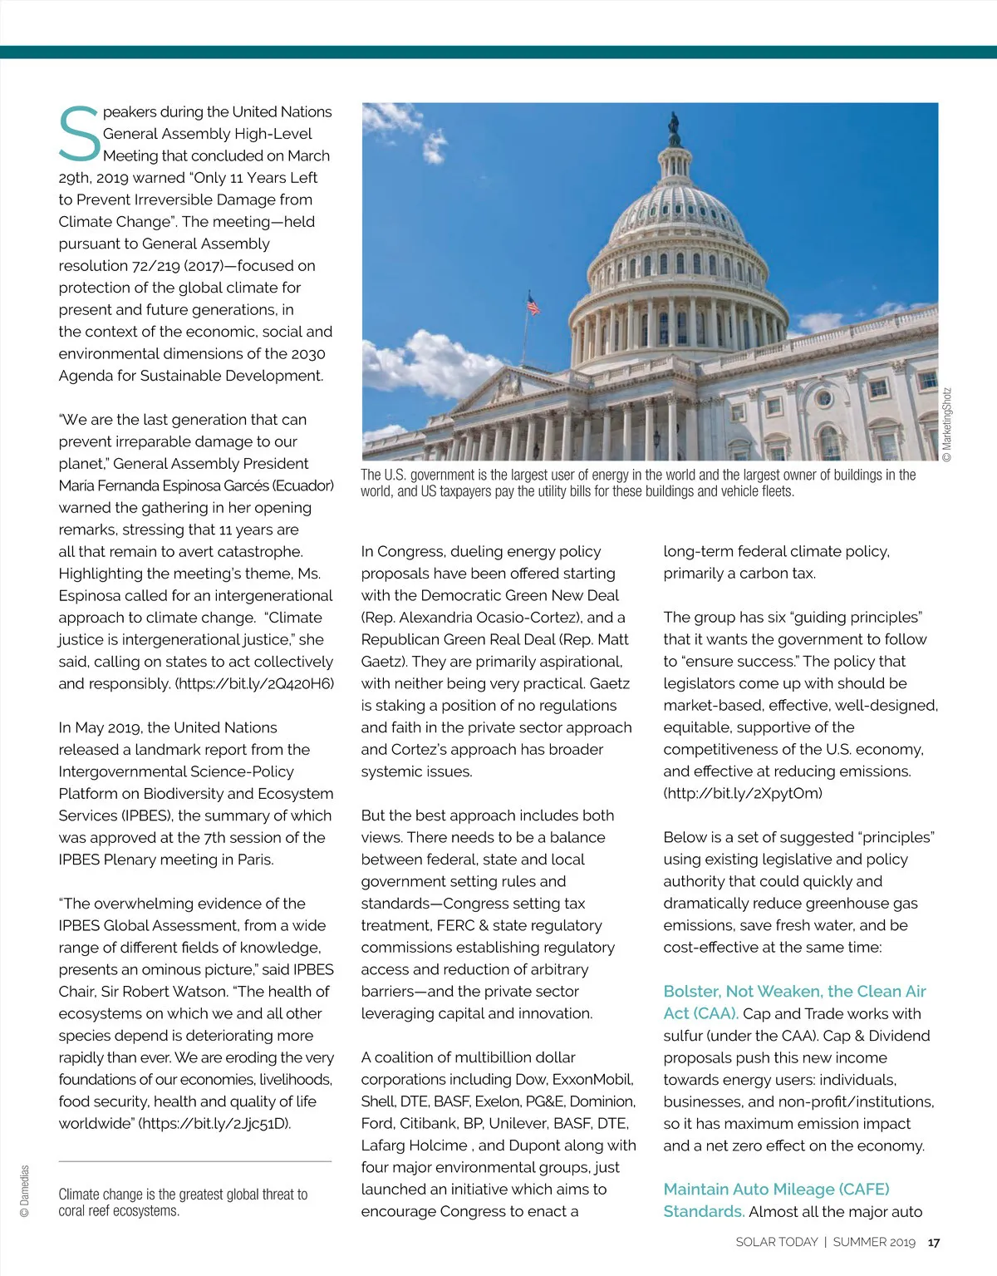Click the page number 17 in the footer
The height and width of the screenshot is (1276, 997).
coord(934,1242)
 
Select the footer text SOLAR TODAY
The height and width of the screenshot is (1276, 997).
coord(777,1242)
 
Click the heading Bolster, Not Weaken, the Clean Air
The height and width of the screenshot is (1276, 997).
coord(794,991)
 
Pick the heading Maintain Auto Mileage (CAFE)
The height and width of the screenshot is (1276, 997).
coord(776,1189)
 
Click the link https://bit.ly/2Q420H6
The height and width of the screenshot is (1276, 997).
coord(254,683)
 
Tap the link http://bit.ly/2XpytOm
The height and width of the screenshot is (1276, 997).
coord(743,793)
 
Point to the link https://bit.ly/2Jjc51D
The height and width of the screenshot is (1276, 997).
coord(214,1123)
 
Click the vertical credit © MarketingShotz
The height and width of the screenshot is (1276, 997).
coord(947,424)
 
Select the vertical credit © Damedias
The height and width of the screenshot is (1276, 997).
coord(24,1190)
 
